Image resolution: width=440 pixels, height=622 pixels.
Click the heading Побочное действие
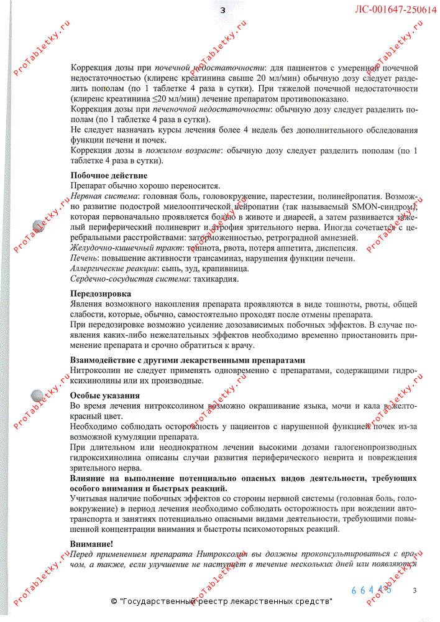(109, 176)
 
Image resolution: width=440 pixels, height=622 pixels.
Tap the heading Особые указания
(104, 396)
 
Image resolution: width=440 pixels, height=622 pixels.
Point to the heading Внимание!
(91, 544)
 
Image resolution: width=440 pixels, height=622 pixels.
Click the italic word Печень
(84, 259)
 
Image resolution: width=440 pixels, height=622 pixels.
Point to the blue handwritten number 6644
(372, 590)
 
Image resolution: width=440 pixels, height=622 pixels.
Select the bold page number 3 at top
(222, 9)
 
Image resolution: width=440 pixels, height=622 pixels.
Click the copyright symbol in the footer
(114, 601)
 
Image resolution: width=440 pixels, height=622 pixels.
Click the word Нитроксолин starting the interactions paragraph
(95, 371)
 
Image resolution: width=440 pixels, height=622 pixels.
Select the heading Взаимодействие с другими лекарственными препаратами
(188, 361)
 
